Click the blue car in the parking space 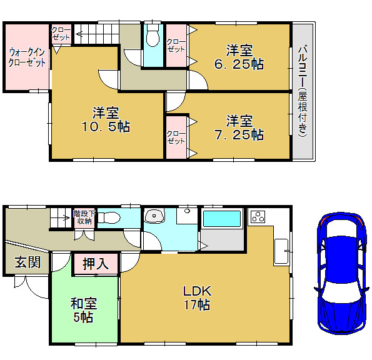click(341, 273)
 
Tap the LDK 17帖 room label click(197, 298)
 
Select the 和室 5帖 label click(84, 311)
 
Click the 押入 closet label click(96, 264)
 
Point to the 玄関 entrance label click(28, 262)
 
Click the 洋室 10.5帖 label click(106, 119)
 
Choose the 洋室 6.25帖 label click(239, 57)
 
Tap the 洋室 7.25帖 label click(239, 128)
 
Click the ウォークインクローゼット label click(27, 57)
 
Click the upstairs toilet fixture click(153, 35)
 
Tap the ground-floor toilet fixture click(109, 217)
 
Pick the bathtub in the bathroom click(222, 219)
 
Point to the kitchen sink click(282, 252)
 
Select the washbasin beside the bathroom click(154, 216)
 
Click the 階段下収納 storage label click(84, 217)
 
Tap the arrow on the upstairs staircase click(79, 34)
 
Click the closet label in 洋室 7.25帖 click(176, 137)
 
